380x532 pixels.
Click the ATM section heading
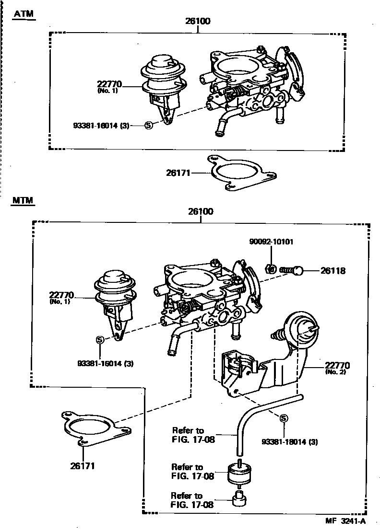(24, 14)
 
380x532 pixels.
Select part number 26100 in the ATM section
(198, 22)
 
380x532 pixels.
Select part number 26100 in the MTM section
(201, 211)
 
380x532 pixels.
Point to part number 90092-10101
(271, 242)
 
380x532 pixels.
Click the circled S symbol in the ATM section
(148, 125)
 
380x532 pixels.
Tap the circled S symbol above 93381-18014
(283, 419)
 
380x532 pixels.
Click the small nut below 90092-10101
(270, 269)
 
